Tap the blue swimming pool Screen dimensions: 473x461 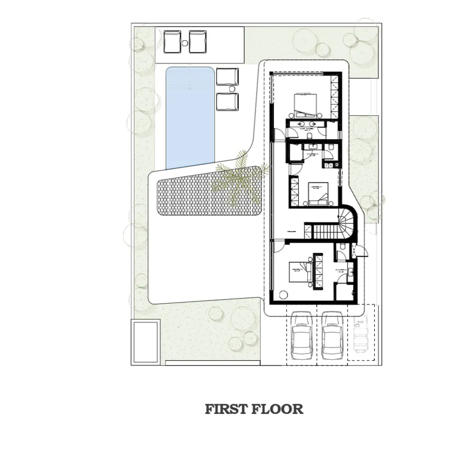[x=190, y=116]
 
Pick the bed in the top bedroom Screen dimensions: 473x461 [x=306, y=105]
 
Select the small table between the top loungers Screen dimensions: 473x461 [x=185, y=42]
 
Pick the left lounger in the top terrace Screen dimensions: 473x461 [x=172, y=42]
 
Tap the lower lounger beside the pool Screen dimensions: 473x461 [x=227, y=101]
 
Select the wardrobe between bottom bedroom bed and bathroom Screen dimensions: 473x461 [x=319, y=271]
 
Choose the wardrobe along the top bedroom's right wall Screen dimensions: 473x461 [x=335, y=96]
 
